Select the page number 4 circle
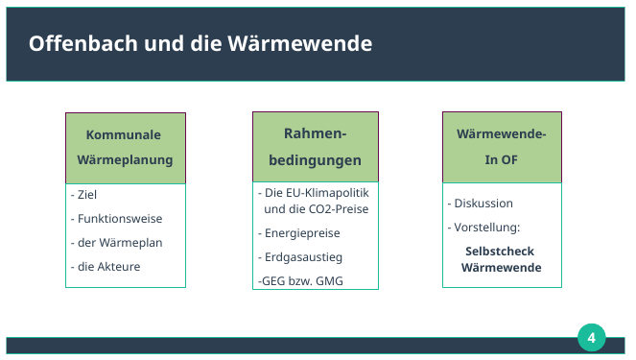click(x=592, y=338)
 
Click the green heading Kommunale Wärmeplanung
click(x=125, y=147)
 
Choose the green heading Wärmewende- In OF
click(x=501, y=147)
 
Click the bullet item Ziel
click(x=85, y=194)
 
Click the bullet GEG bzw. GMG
click(x=300, y=281)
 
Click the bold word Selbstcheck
click(x=500, y=251)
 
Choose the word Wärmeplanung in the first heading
click(x=125, y=159)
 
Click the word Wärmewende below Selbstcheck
click(x=501, y=268)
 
